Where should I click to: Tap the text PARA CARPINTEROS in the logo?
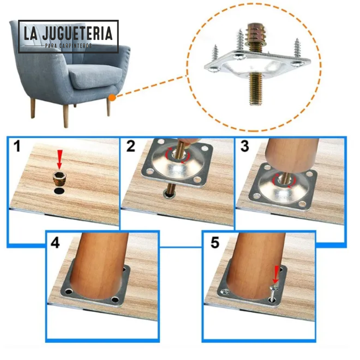pos(68,46)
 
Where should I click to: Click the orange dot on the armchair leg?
pos(112,96)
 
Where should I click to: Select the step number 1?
pos(17,147)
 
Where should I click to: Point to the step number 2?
pos(130,147)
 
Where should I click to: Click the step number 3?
pos(244,147)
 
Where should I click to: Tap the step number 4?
pos(55,243)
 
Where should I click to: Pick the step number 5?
pos(215,243)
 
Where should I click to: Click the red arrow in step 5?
pos(277,273)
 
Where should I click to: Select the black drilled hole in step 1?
pos(58,191)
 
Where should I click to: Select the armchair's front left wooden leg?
pos(66,115)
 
